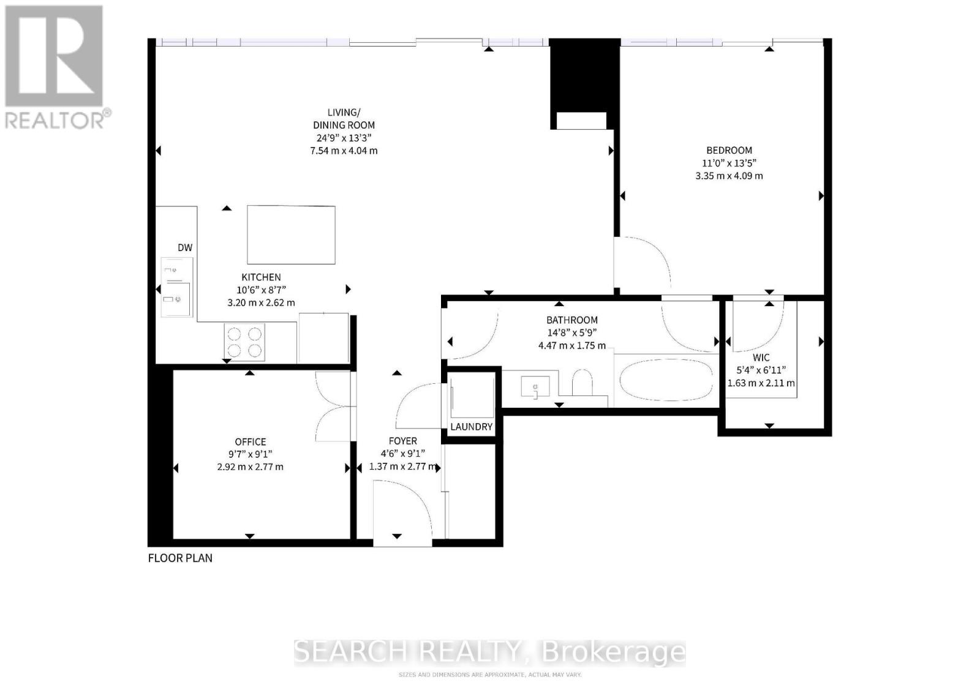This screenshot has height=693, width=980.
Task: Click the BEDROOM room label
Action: (x=729, y=150)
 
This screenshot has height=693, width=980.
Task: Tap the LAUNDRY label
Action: (x=471, y=427)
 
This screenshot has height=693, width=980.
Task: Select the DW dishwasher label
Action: (x=185, y=247)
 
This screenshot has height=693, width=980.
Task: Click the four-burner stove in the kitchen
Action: (x=244, y=342)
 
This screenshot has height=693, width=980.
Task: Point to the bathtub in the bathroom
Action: (x=666, y=380)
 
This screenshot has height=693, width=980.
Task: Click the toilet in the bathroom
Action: (x=582, y=383)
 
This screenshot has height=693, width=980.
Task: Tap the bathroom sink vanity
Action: (x=535, y=388)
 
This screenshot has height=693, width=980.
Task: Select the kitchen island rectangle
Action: (x=291, y=234)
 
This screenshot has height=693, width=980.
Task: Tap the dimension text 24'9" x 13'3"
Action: (x=344, y=138)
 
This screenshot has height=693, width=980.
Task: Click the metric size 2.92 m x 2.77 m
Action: (x=250, y=466)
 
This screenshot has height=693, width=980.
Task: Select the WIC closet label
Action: (x=761, y=357)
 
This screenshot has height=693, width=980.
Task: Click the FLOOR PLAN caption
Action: (x=180, y=558)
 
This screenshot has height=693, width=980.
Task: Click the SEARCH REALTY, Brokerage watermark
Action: (x=489, y=652)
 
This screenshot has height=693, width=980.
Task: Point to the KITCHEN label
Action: (x=261, y=277)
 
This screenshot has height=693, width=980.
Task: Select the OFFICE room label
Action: (x=250, y=441)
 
